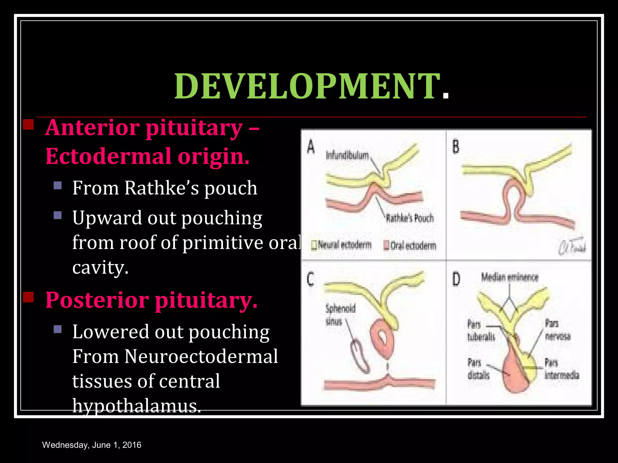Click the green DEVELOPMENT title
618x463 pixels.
point(306,87)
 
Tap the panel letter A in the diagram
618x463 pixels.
point(311,147)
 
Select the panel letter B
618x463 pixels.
point(456,147)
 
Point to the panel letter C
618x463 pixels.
point(311,279)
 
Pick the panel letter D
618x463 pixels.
point(456,279)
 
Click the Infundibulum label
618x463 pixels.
point(347,156)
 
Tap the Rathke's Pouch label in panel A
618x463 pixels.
point(410,218)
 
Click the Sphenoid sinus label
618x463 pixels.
point(340,315)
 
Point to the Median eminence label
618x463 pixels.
point(510,277)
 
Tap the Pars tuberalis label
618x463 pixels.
point(481,330)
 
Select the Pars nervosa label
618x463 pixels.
point(558,330)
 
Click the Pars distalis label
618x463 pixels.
point(478,368)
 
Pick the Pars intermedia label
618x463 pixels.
point(562,368)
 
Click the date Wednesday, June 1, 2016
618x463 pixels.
point(92,445)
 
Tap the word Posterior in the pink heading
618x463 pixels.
point(97,301)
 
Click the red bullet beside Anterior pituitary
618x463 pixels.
point(28,124)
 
